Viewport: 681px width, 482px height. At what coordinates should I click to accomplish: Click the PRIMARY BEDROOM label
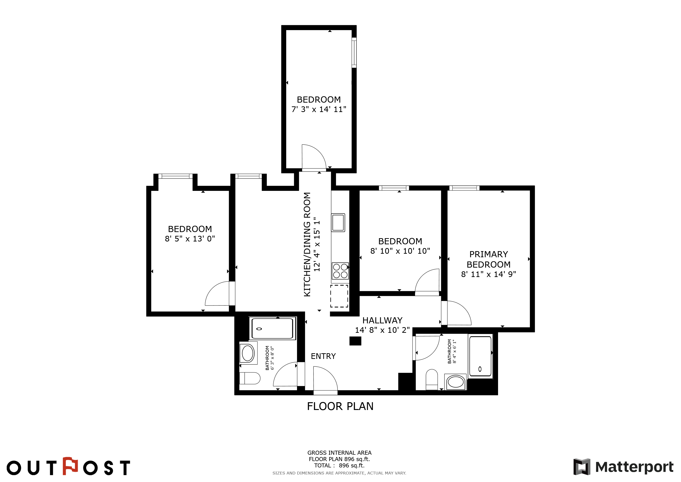coord(488,259)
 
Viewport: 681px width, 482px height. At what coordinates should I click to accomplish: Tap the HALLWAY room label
coord(382,320)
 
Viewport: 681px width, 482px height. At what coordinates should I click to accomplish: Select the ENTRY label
coord(323,356)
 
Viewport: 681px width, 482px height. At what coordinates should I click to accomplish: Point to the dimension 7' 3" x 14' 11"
coord(319,109)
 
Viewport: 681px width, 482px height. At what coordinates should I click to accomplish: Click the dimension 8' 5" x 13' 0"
coord(190,239)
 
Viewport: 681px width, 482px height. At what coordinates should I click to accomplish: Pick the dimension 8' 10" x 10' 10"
coord(400,251)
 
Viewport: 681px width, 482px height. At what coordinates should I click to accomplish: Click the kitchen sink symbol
coord(338,222)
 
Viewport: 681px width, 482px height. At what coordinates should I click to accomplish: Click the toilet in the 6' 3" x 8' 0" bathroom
coord(249,378)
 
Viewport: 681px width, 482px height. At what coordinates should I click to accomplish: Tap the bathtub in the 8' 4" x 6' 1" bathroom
coord(480,356)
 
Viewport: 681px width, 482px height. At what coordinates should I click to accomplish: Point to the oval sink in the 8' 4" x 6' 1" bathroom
coord(455,382)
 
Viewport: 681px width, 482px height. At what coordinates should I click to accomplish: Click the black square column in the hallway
coord(355,341)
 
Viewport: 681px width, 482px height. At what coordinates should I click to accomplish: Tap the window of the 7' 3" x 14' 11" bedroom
coord(354,52)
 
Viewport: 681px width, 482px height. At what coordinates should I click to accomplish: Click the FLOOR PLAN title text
coord(340,406)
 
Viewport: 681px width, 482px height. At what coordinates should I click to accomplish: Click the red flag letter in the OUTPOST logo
coord(70,466)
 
